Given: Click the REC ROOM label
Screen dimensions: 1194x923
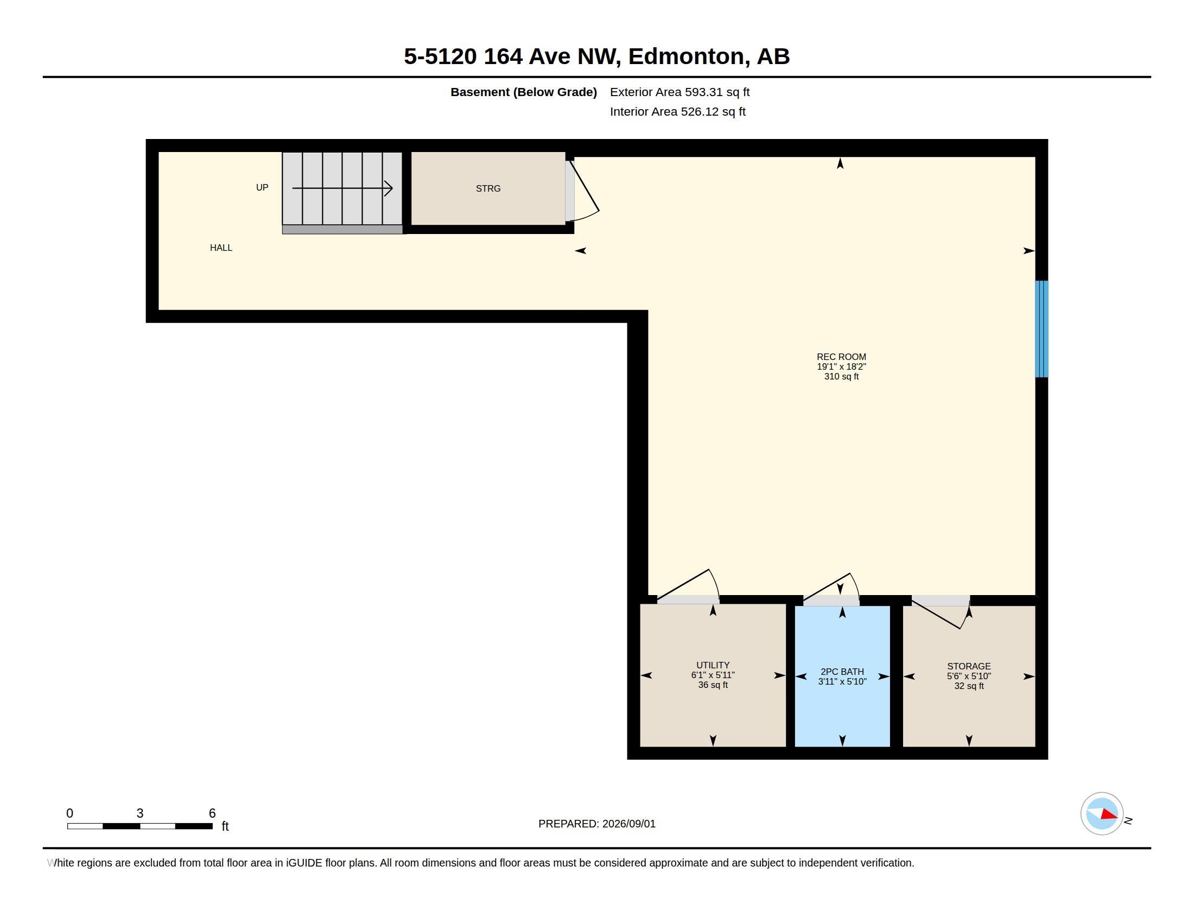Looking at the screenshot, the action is click(x=841, y=357).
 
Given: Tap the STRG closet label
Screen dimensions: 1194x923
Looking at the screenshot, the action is click(x=488, y=188).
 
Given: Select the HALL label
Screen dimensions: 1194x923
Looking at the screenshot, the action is click(x=221, y=248).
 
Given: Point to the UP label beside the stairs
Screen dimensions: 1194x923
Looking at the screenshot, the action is click(x=262, y=187).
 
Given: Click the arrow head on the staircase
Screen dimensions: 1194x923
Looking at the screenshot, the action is click(x=389, y=188).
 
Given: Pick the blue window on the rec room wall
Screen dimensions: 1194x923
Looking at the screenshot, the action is click(x=1041, y=328).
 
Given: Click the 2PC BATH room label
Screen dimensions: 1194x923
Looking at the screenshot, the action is click(x=842, y=672).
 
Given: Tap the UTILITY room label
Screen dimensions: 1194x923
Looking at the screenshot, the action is click(x=713, y=666).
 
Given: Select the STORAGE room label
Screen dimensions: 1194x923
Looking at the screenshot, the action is click(x=969, y=666).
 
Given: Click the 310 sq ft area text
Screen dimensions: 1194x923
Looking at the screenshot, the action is click(x=841, y=376).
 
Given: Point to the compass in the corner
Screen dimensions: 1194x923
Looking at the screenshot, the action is click(x=1102, y=813).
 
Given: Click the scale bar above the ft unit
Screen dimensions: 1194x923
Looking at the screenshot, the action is click(x=140, y=826).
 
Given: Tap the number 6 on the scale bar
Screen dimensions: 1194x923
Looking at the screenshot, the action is click(x=212, y=813).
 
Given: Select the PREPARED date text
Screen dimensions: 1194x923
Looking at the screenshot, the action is click(x=597, y=824).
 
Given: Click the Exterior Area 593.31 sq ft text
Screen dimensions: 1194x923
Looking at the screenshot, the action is click(x=679, y=92).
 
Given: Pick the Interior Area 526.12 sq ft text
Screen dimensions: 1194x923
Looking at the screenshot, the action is click(x=677, y=111).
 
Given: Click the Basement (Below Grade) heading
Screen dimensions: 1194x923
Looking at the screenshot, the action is click(x=523, y=92).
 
